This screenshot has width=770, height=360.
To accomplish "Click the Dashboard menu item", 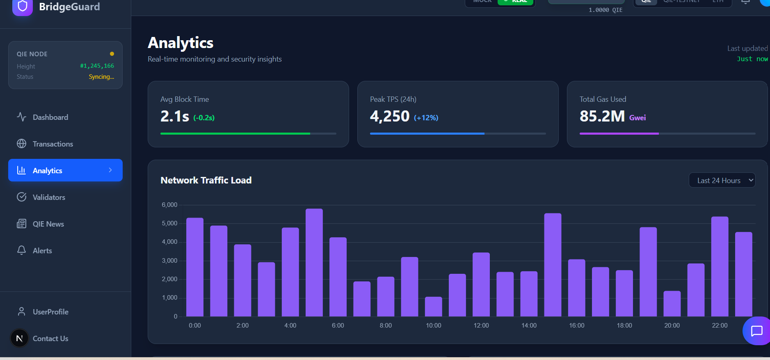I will pos(50,117).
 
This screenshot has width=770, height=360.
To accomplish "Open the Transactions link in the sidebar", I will pos(53,144).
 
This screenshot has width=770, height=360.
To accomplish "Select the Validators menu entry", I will pos(48,197).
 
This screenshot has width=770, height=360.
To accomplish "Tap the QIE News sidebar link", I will pos(48,224).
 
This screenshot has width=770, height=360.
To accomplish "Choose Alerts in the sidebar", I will pos(42,251).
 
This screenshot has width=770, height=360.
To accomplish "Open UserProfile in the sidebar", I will pos(50,312).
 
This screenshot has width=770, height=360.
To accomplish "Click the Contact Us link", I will pos(50,339).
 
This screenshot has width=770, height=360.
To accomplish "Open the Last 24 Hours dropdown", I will pos(722,181).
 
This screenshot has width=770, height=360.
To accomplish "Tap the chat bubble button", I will pos(756,331).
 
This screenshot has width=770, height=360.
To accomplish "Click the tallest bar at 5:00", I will pos(314,263).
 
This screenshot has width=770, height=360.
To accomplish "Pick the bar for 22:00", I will pos(720,267).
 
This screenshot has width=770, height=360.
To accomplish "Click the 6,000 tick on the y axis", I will pos(169,205).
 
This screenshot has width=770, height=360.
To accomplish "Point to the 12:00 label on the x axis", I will pos(481,326).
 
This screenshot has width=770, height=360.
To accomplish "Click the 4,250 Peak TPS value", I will pos(389,117).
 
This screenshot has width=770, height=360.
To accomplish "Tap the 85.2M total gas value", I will pos(602,117).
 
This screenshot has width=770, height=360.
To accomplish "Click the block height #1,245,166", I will pos(97,66).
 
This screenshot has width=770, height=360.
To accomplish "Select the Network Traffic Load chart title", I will pos(206,181).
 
